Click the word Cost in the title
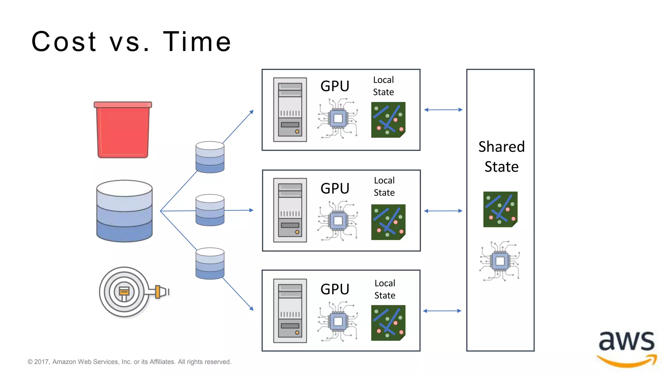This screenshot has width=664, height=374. pyautogui.click(x=64, y=42)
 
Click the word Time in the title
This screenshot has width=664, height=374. pyautogui.click(x=197, y=42)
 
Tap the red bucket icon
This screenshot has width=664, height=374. pyautogui.click(x=123, y=130)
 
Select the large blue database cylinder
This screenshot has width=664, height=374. pyautogui.click(x=124, y=211)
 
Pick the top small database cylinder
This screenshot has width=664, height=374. pyautogui.click(x=210, y=157)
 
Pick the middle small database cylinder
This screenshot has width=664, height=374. pyautogui.click(x=210, y=210)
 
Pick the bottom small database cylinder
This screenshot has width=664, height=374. pyautogui.click(x=210, y=263)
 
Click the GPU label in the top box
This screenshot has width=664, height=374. pyautogui.click(x=335, y=86)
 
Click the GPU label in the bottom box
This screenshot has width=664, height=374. pyautogui.click(x=335, y=289)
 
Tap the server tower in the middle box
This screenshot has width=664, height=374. pyautogui.click(x=290, y=210)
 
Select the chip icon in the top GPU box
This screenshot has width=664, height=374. pyautogui.click(x=338, y=118)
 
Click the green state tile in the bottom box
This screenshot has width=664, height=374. pyautogui.click(x=388, y=323)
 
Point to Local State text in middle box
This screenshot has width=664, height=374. pyautogui.click(x=384, y=186)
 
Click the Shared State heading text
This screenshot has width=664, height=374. pyautogui.click(x=501, y=156)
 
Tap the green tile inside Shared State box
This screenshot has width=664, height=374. pyautogui.click(x=500, y=209)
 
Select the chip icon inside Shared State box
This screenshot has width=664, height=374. pyautogui.click(x=500, y=261)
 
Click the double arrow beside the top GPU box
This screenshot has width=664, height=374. pyautogui.click(x=443, y=110)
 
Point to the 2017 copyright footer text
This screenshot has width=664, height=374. pyautogui.click(x=129, y=362)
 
